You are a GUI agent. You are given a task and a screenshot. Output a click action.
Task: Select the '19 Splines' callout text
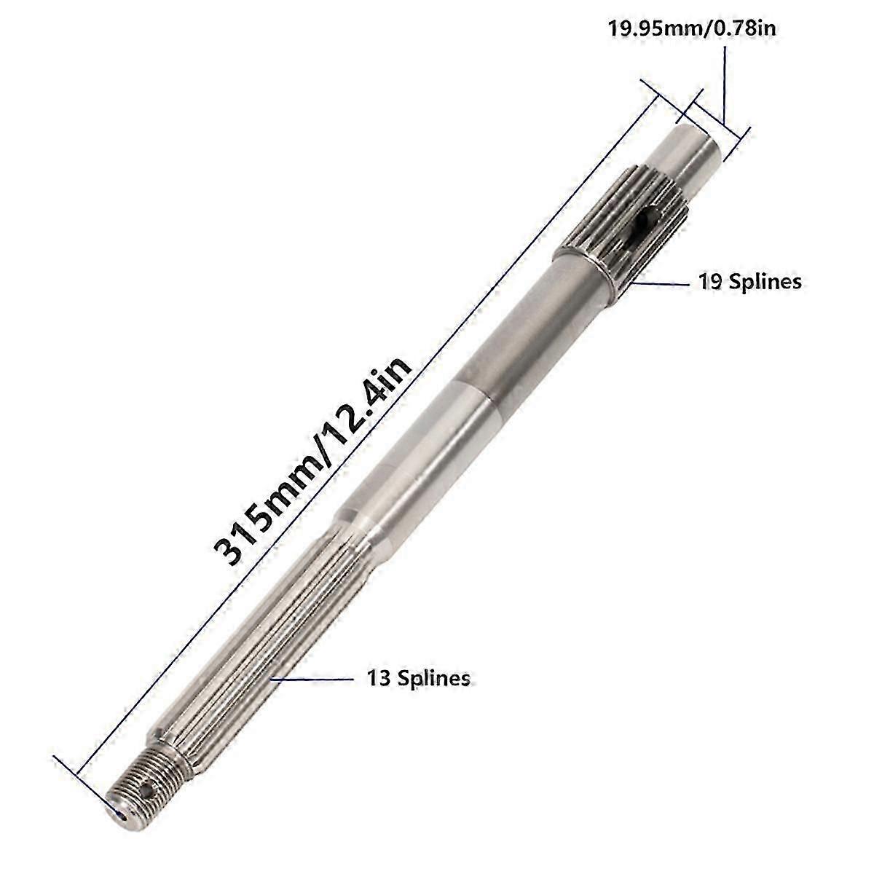coord(749,281)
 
